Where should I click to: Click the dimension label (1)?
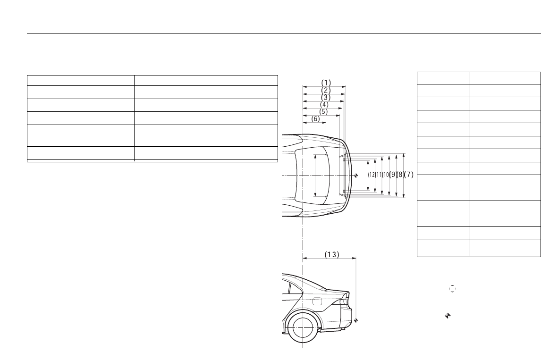tap(326, 83)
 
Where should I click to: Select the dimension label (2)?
tap(326, 90)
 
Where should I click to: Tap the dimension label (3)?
tap(326, 98)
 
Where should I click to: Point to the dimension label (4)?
tap(324, 104)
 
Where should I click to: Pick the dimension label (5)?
tap(323, 112)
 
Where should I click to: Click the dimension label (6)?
tap(316, 118)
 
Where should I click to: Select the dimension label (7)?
tap(408, 175)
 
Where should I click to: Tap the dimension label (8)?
tap(400, 175)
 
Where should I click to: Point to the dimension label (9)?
tap(393, 175)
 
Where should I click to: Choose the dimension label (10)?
tap(386, 175)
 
